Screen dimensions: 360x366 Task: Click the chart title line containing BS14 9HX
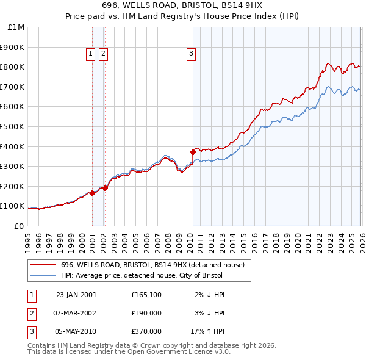click(x=182, y=7)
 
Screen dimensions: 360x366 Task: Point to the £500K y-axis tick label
click(x=13, y=127)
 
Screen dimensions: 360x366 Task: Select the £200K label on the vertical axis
click(x=13, y=187)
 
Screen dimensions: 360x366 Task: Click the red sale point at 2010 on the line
click(x=193, y=151)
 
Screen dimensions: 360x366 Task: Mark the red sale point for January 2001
click(x=93, y=193)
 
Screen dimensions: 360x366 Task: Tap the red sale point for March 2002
click(x=105, y=188)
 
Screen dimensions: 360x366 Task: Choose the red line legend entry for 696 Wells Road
click(x=152, y=265)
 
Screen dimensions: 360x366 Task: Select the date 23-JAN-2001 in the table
click(x=76, y=295)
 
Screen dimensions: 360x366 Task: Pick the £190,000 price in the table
click(x=146, y=313)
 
